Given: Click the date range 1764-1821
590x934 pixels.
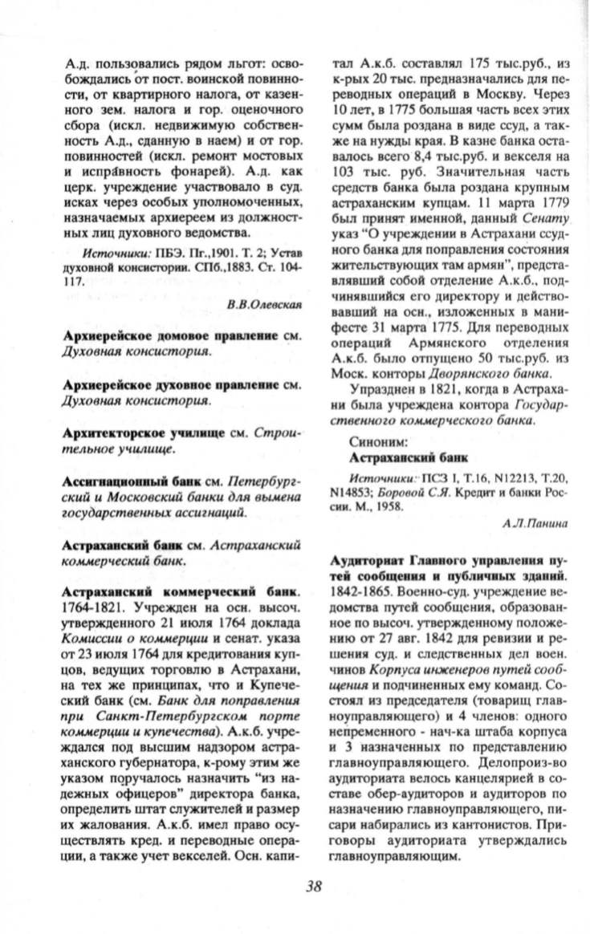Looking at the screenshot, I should pos(95,606).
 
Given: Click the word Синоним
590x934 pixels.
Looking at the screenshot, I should pos(376,441).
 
